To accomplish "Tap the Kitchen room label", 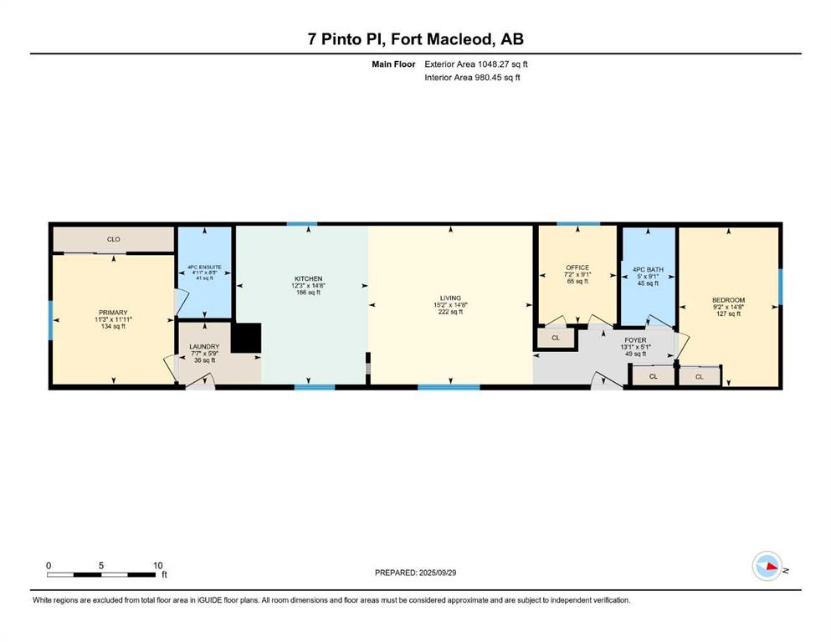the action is (x=309, y=278).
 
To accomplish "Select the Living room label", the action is (x=450, y=298).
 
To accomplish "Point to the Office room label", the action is (x=577, y=267).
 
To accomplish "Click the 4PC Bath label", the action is (x=649, y=269).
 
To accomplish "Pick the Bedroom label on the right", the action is (x=729, y=300).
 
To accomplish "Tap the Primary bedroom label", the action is (x=113, y=313).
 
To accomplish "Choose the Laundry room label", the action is (x=204, y=347).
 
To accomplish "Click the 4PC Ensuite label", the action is (x=204, y=267).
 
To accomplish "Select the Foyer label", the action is (x=635, y=340).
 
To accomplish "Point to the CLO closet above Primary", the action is (x=114, y=239).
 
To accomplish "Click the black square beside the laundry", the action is (x=246, y=338).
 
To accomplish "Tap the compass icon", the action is (x=767, y=566).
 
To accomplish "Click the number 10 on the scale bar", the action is (x=158, y=565).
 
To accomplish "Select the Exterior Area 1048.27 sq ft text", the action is (x=476, y=64).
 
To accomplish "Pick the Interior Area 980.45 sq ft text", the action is (x=472, y=77).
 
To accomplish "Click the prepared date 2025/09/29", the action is (x=437, y=573).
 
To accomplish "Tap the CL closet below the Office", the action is (x=556, y=338).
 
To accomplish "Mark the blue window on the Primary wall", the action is (x=51, y=320).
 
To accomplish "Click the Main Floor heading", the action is (x=393, y=64).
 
